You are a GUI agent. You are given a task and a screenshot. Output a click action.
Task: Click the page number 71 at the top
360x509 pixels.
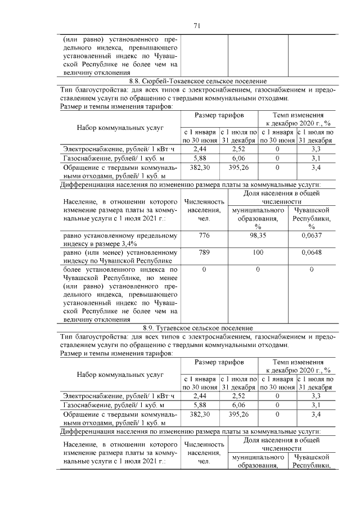coord(197,25)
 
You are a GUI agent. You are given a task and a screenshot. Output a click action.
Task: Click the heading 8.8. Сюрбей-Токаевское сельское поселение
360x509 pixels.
coord(197,81)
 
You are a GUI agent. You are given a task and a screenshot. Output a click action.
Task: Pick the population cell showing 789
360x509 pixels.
coord(204,253)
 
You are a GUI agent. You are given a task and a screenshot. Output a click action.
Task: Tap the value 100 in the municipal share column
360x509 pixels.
coord(258,253)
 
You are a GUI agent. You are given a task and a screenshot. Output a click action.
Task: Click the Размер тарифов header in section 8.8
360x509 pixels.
coord(219,115)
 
